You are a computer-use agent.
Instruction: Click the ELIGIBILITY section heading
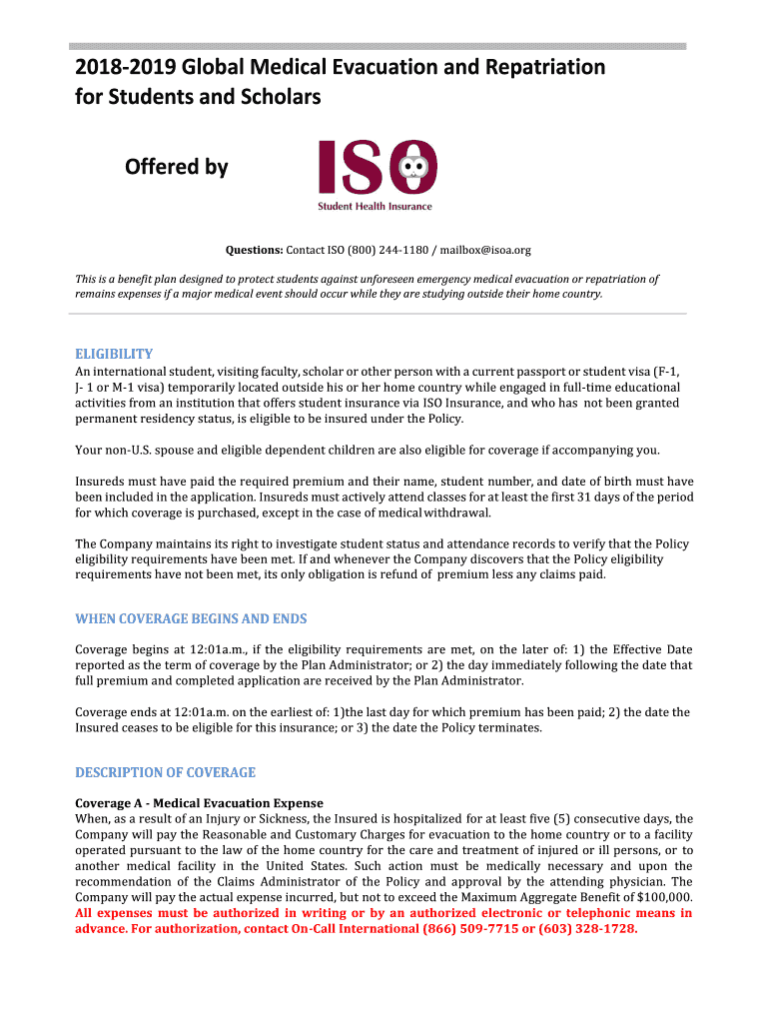point(114,354)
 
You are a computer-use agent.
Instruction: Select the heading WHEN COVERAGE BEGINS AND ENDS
point(191,618)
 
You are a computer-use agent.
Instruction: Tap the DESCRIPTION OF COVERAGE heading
point(166,772)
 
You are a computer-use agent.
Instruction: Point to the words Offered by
point(177,167)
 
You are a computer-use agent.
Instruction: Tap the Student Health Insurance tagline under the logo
point(375,207)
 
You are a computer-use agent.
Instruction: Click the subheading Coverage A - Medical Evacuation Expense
point(200,803)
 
